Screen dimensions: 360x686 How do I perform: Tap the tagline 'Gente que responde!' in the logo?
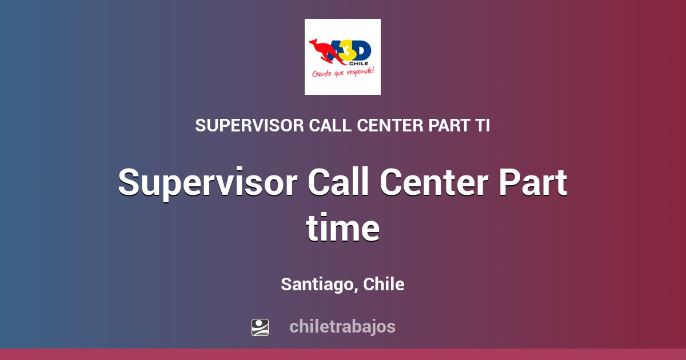[x=342, y=73]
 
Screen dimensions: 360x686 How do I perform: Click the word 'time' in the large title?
[x=342, y=229]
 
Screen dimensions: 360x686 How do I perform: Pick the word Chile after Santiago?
[x=384, y=284]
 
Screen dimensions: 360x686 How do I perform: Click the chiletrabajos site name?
[x=342, y=327]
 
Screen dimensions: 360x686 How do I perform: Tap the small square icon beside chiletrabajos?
[x=260, y=327]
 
